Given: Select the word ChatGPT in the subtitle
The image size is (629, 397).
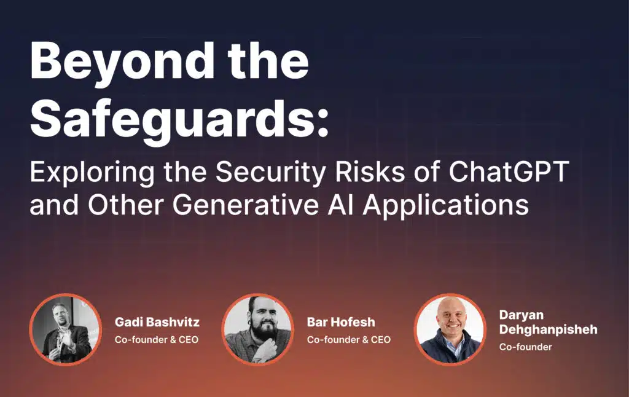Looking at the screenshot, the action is point(509,172).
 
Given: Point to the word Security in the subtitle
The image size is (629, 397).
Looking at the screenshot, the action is point(271,173).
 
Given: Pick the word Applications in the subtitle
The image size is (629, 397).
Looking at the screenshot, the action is point(446,205).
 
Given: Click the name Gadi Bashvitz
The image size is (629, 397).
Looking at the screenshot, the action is point(157,322).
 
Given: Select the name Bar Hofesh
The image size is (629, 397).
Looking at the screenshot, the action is point(341,322).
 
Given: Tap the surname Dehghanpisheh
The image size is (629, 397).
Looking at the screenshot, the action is point(549,329).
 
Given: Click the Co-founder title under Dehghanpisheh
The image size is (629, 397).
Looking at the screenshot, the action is point(526,347).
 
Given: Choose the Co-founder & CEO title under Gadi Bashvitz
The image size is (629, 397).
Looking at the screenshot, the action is point(157,340).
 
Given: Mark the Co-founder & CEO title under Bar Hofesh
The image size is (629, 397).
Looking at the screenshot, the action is point(349,340).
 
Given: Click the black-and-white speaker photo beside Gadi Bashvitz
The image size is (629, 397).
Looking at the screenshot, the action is point(65,329).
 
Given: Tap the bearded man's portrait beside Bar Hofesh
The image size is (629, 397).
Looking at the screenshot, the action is point(257,329).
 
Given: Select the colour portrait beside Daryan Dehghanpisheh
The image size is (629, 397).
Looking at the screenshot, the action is point(450,329).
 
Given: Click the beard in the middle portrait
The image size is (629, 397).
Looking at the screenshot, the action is point(260,335).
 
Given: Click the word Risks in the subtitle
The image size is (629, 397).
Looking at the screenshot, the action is point(370,172).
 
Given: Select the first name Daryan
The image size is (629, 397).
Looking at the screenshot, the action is point(521,315).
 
